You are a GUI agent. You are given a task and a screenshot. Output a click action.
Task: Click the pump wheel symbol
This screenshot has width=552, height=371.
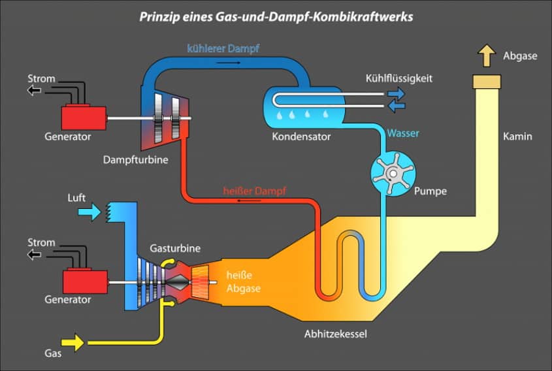click(393, 173)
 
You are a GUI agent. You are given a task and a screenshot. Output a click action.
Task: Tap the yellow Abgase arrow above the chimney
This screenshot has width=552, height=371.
click(487, 56)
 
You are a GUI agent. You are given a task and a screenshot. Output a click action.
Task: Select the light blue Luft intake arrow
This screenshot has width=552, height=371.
click(89, 212)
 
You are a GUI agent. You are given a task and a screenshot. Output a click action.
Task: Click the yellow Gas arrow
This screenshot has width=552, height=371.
click(73, 342)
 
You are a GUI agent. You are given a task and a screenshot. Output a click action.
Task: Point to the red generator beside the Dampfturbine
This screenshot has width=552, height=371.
click(84, 118)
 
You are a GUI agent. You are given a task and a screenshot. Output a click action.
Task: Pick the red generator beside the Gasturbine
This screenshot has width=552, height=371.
click(85, 281)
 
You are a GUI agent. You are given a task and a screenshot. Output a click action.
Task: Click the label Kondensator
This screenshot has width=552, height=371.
click(301, 137)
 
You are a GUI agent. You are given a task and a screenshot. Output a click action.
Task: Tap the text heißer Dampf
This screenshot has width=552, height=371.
click(255, 191)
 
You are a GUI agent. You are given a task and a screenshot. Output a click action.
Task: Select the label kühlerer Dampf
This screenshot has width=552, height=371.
click(223, 48)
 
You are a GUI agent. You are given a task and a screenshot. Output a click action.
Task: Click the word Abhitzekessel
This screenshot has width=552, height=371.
click(336, 334)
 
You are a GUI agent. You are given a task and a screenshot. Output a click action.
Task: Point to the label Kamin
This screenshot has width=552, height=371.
click(517, 137)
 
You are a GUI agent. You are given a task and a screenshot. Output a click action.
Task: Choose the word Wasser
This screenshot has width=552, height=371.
click(403, 133)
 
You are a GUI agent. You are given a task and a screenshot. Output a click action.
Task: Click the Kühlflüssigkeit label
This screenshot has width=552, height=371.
click(399, 78)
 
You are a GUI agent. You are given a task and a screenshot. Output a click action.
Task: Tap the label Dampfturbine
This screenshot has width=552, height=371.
click(135, 160)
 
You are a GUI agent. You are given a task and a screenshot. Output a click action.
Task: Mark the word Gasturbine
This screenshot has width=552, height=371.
click(175, 248)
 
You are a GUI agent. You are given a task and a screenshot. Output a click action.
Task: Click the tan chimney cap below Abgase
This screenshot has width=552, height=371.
click(487, 82)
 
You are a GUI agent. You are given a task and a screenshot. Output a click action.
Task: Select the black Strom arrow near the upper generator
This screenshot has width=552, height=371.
click(34, 91)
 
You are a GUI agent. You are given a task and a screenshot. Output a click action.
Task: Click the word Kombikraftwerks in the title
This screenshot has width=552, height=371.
click(363, 16)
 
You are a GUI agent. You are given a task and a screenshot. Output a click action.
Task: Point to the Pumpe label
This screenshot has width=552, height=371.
click(430, 191)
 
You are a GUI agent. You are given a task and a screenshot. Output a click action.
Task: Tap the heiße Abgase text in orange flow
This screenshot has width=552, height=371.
click(243, 282)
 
